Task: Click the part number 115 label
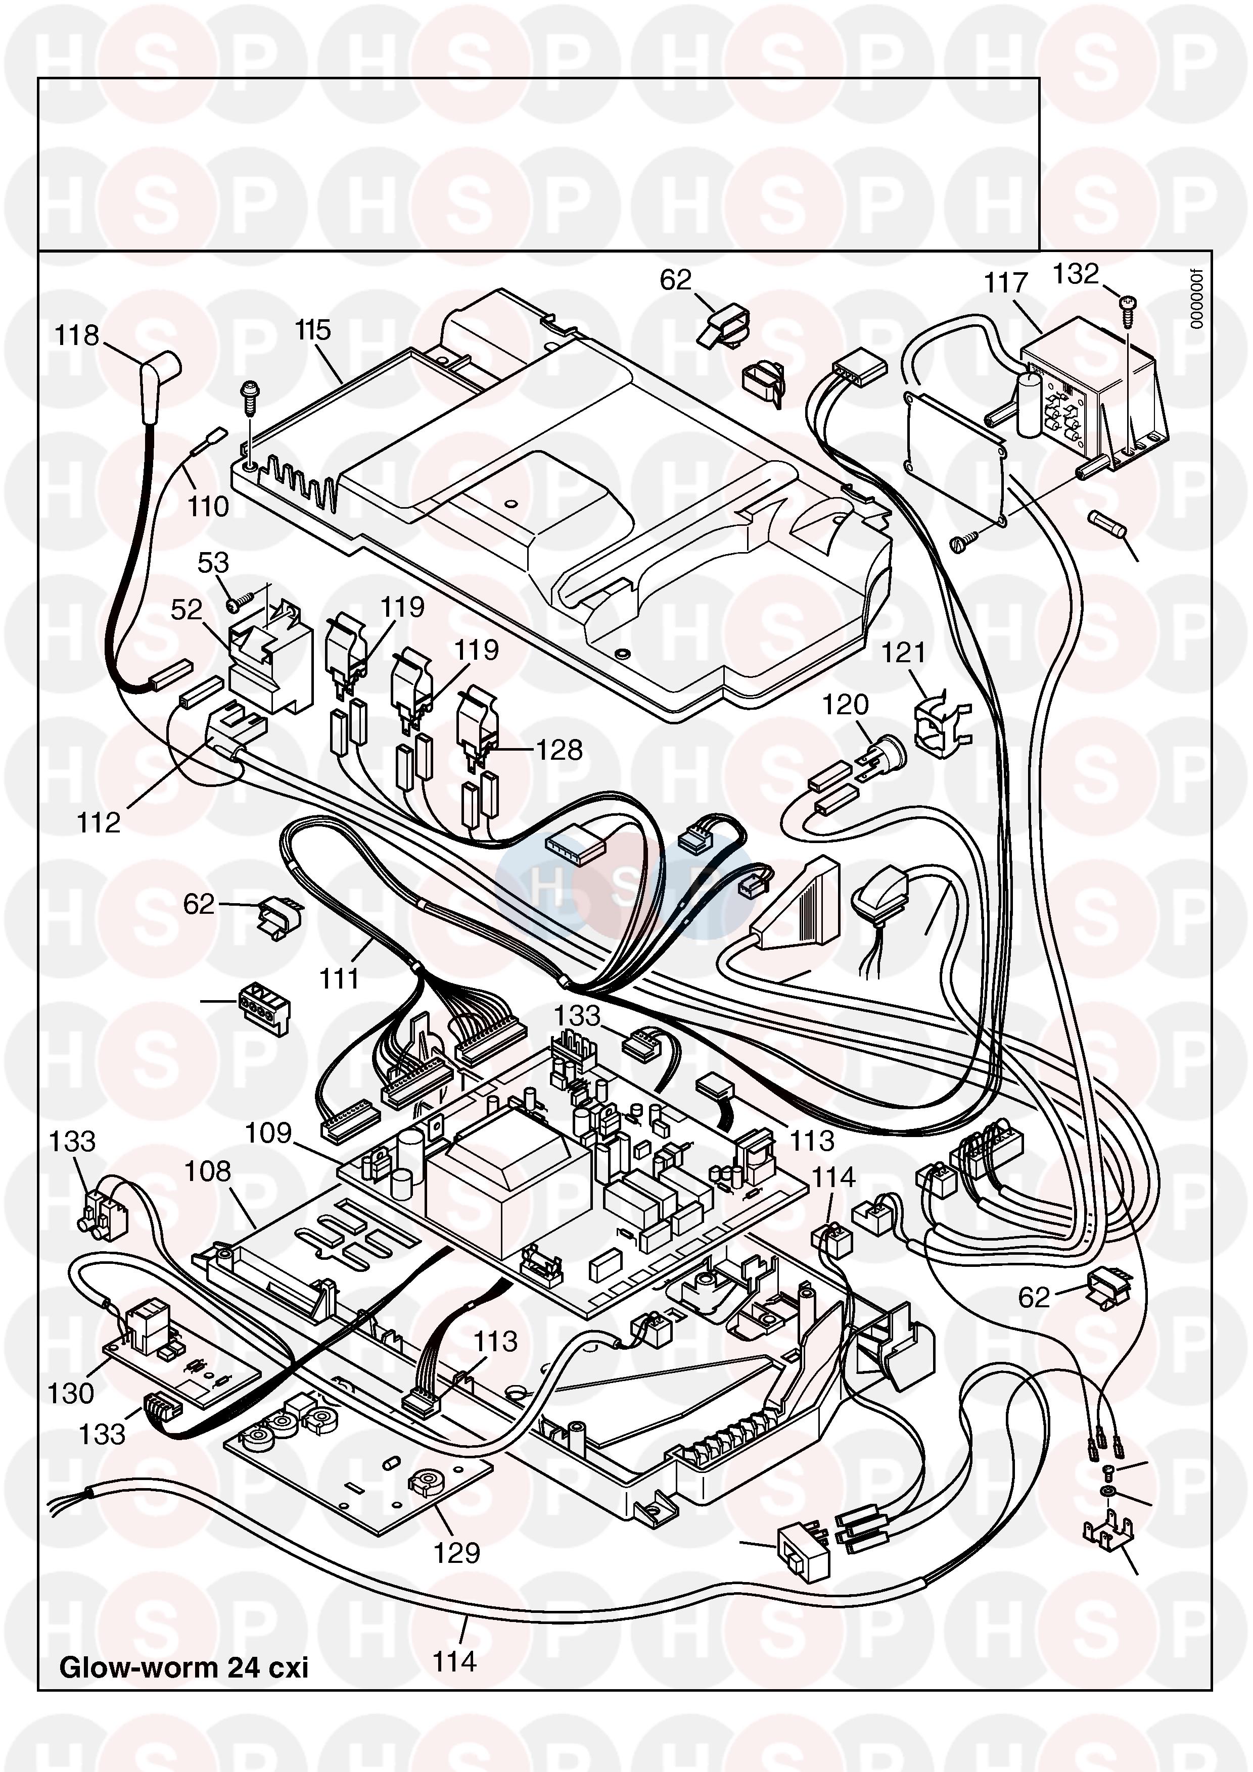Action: [313, 330]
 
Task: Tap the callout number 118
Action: [76, 336]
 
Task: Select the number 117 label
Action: [1005, 283]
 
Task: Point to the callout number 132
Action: [1076, 274]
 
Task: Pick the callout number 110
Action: [208, 507]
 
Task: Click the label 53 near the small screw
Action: [213, 563]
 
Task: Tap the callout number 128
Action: [560, 750]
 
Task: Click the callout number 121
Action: [903, 654]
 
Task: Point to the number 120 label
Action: [846, 705]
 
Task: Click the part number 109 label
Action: [268, 1134]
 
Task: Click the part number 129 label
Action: [457, 1553]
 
